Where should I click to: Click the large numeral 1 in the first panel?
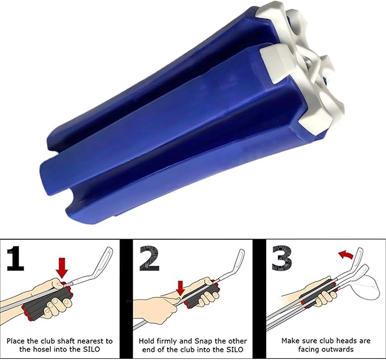point(16,258)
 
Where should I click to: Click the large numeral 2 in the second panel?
point(150,258)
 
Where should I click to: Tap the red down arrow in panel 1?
point(61,268)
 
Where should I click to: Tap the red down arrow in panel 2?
point(181,288)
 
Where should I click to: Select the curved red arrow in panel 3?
point(346,255)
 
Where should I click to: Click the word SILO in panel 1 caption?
point(91,349)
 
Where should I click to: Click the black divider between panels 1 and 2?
point(126,299)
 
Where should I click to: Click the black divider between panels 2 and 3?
point(259,299)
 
